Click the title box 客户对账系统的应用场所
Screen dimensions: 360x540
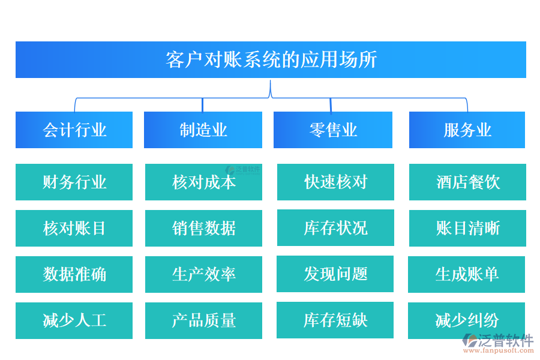(x=271, y=59)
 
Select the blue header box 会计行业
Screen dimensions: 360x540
(x=74, y=130)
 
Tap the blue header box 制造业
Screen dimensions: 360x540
(x=203, y=130)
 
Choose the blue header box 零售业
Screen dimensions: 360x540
(x=333, y=130)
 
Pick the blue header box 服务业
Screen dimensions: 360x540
(x=467, y=130)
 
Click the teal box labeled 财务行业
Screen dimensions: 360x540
(x=74, y=182)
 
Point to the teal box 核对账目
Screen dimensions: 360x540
(x=74, y=228)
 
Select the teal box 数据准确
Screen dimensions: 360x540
(x=74, y=274)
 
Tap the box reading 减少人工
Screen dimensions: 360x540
(x=74, y=320)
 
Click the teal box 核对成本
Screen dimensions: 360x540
(x=203, y=182)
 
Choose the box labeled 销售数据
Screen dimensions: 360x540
(x=203, y=228)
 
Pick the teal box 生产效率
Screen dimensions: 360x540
(x=203, y=274)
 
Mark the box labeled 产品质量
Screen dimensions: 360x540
(x=203, y=320)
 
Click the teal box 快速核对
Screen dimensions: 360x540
(x=335, y=182)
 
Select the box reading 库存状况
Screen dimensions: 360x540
(x=335, y=228)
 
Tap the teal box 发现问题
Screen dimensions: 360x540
(x=335, y=274)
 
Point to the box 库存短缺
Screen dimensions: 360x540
(x=335, y=320)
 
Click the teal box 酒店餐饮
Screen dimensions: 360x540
(x=467, y=182)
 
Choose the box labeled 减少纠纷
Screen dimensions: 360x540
(x=467, y=320)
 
